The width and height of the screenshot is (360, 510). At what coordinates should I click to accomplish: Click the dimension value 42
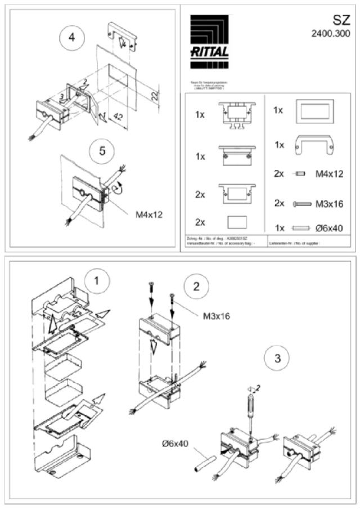click(x=119, y=117)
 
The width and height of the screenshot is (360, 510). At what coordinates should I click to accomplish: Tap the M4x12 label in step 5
click(x=148, y=214)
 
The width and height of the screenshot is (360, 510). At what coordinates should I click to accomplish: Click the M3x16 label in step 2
click(x=216, y=316)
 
